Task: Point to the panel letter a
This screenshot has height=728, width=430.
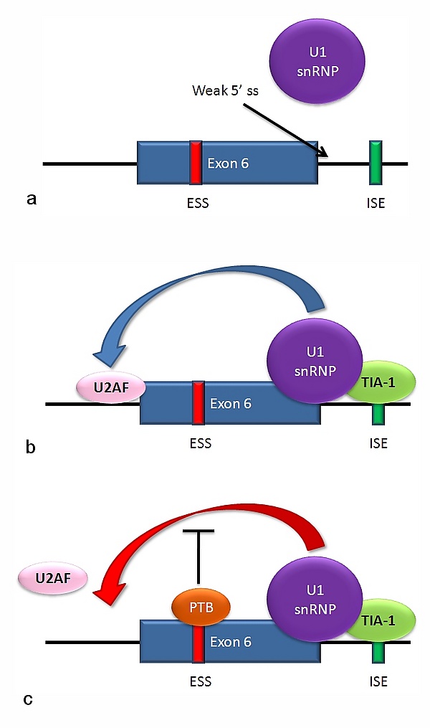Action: coord(31,199)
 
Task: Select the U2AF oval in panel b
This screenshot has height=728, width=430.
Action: coord(110,389)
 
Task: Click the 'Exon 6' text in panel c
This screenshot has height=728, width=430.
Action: coord(231,642)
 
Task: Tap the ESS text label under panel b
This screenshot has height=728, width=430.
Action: coord(196,443)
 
